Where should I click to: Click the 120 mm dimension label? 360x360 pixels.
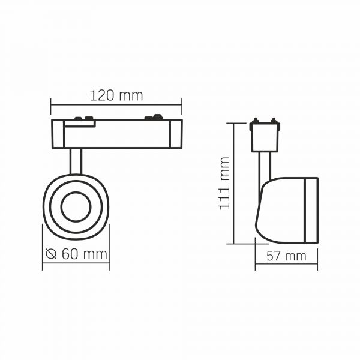pos(116,95)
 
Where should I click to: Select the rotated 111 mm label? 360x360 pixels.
pos(224,183)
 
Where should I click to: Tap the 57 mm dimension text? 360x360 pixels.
pos(286,256)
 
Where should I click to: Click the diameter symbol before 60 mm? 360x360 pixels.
pos(52,254)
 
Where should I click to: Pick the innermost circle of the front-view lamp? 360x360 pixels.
pos(76,208)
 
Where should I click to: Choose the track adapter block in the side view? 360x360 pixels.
pos(265,137)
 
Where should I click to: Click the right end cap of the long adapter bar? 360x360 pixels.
pos(175,134)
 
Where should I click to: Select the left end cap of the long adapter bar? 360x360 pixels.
pos(58,134)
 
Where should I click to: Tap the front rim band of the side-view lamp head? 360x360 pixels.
pos(310,210)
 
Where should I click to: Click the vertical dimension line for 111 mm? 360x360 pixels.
pos(231,183)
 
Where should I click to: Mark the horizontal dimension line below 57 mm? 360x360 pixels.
pos(286,266)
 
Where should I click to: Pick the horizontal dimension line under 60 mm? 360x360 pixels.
pos(76,264)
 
